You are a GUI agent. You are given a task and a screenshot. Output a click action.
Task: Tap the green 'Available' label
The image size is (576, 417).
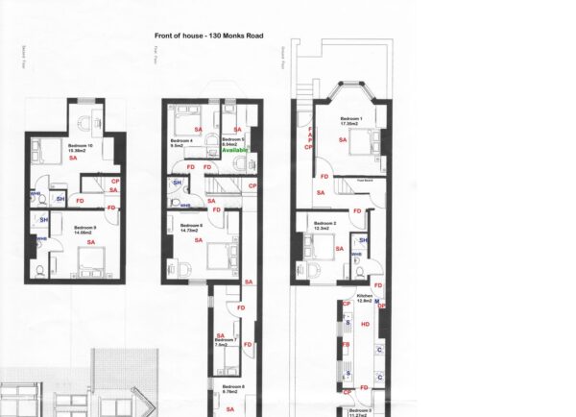click(235, 151)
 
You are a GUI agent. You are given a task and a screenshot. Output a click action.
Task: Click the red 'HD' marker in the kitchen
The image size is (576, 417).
click(365, 324)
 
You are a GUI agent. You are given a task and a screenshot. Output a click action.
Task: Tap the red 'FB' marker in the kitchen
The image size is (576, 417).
click(347, 343)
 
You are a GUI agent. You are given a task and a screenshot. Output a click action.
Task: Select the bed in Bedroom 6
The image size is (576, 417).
click(218, 257)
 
